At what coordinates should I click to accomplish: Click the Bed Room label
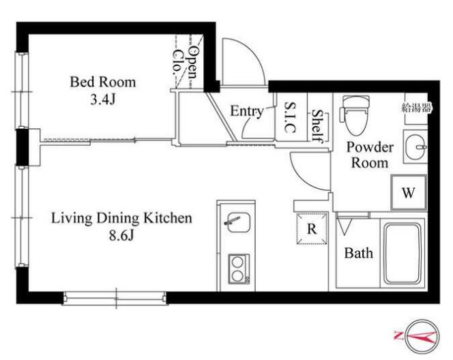(x=103, y=82)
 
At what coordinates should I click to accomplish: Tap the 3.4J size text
(x=103, y=100)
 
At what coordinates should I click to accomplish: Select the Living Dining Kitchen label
(x=121, y=218)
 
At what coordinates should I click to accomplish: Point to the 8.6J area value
(x=121, y=236)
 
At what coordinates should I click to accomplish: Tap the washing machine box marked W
(x=409, y=192)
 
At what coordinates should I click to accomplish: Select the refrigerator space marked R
(x=312, y=228)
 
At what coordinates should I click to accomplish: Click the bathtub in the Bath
(x=402, y=253)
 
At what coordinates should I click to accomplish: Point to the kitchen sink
(x=239, y=222)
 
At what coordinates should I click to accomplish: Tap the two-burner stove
(x=239, y=269)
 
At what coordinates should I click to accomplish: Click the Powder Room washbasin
(x=415, y=147)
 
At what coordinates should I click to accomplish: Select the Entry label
(x=247, y=111)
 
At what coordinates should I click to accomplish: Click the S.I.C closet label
(x=290, y=117)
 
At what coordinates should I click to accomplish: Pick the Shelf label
(x=317, y=126)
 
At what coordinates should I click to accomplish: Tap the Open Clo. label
(x=186, y=63)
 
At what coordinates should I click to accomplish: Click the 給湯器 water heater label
(x=416, y=108)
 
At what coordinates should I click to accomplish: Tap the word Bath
(x=359, y=253)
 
